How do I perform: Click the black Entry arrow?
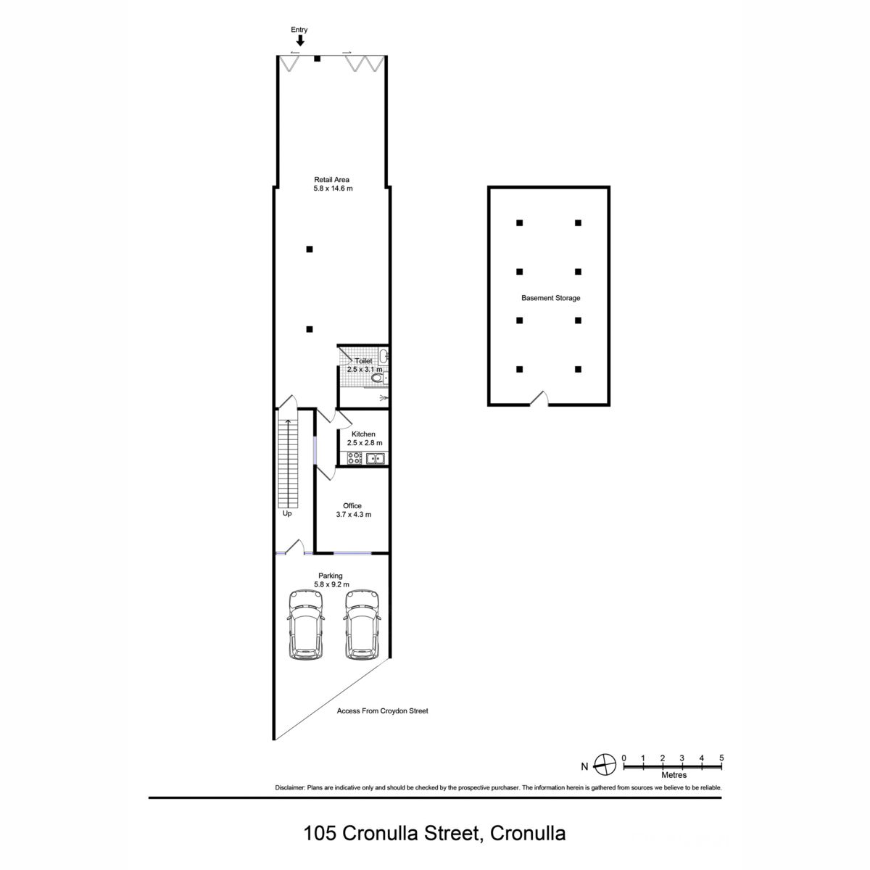[x=299, y=41]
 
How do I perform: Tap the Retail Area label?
[x=331, y=180]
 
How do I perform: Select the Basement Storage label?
[x=550, y=298]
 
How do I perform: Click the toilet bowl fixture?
[x=378, y=378]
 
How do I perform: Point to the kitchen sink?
[x=375, y=458]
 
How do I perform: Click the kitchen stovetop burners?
[x=355, y=458]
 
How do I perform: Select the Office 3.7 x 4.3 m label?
[x=354, y=510]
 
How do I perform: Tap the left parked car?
[x=306, y=625]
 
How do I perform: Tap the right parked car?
[x=362, y=625]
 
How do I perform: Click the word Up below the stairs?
[x=287, y=514]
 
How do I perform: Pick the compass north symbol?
[x=605, y=765]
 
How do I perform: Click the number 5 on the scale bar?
[x=721, y=758]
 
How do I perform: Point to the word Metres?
[x=674, y=775]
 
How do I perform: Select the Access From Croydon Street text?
[x=382, y=710]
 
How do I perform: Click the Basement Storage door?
[x=539, y=399]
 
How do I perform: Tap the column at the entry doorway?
[x=318, y=59]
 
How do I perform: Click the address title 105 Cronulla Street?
[x=391, y=833]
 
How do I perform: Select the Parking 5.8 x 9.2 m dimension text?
[x=332, y=584]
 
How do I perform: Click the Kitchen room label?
[x=363, y=434]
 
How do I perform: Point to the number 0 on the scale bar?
[x=624, y=758]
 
